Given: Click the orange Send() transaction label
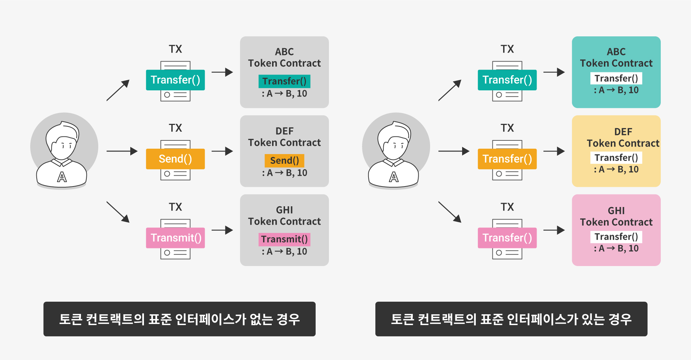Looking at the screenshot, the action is [175, 159].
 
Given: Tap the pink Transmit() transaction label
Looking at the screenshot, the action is [175, 238].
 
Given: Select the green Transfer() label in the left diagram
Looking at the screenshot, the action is [175, 80].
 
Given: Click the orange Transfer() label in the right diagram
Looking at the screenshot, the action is [507, 159].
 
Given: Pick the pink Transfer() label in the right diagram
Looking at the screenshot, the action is [507, 238].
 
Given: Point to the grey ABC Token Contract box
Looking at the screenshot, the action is [284, 72].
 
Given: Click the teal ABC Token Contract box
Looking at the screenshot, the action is [616, 72].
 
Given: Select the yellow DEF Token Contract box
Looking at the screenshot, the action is [616, 151].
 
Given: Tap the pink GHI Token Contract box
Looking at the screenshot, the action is [616, 230].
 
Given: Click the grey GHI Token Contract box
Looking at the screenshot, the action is [284, 230].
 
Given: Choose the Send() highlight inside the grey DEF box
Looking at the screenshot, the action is [284, 161].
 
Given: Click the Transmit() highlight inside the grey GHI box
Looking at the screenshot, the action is [284, 239].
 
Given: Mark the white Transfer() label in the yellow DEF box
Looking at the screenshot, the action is [616, 158].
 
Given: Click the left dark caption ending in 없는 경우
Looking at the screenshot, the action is [179, 319].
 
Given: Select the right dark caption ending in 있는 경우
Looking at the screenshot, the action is [511, 319].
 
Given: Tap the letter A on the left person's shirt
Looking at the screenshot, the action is [62, 177].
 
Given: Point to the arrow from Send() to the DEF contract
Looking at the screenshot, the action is [222, 151].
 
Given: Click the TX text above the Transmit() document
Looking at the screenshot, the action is [175, 207].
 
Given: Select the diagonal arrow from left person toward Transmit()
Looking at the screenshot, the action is [118, 212].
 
